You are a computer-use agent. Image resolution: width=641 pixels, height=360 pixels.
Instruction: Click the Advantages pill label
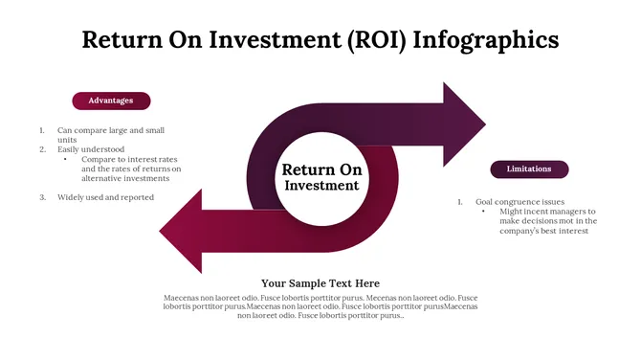[x=111, y=101]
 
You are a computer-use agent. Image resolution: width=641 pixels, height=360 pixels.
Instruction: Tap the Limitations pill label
[x=529, y=169]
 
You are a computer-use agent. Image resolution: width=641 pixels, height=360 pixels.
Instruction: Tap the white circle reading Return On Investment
[x=321, y=177]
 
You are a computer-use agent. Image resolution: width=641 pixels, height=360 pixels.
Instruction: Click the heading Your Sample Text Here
[x=320, y=283]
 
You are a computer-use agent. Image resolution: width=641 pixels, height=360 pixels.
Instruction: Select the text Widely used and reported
[x=105, y=197]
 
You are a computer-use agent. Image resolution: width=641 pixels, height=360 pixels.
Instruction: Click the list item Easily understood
[x=91, y=149]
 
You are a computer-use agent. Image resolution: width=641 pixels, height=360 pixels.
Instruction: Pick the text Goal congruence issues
[x=520, y=202]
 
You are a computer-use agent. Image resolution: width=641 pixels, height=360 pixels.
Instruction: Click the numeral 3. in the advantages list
[x=42, y=197]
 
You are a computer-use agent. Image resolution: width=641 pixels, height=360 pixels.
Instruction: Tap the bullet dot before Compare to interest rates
[x=65, y=159]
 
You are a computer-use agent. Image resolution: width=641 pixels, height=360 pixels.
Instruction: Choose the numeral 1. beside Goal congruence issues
[x=460, y=202]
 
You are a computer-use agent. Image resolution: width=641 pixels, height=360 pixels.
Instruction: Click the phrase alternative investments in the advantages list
[x=125, y=178]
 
